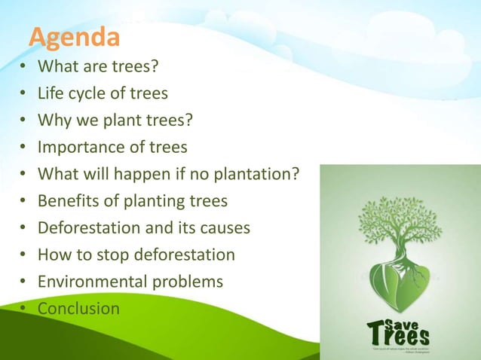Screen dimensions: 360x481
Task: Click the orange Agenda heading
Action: pos(74,37)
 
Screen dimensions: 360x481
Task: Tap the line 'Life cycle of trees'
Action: pos(103,94)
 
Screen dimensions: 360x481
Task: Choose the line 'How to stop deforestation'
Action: pos(136,255)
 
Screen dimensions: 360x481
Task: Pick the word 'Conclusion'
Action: pos(78,308)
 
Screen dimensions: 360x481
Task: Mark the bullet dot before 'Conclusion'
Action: pos(23,309)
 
